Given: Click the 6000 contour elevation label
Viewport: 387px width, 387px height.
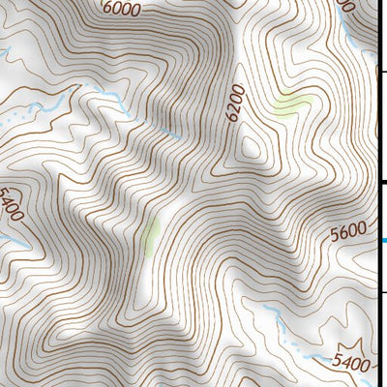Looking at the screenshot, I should [x=119, y=9].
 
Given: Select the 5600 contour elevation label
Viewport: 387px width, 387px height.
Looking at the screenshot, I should [x=347, y=234].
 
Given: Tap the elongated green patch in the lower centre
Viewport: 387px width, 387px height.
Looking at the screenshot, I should [x=150, y=236].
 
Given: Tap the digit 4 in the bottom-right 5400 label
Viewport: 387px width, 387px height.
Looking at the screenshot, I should [x=343, y=364].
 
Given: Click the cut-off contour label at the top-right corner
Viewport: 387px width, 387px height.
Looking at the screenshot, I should [x=343, y=4].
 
